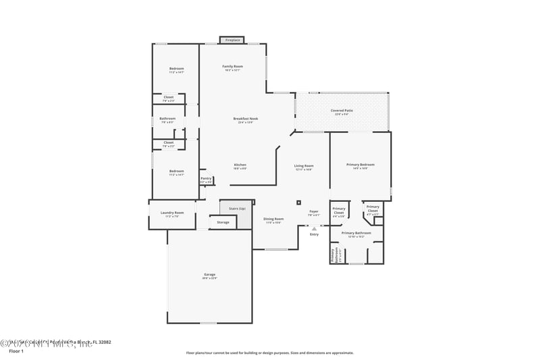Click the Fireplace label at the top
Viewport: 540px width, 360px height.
[x=233, y=40]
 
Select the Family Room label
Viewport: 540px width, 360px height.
[x=233, y=67]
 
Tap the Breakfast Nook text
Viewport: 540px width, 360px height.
[x=246, y=120]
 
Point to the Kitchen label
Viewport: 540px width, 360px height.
[x=240, y=165]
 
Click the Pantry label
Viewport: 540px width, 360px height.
[x=206, y=180]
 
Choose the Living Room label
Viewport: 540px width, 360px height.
[x=304, y=167]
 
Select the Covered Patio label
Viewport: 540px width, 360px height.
[x=342, y=111]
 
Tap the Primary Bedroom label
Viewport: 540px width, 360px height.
[x=360, y=165]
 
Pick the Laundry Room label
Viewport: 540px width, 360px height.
[x=172, y=214]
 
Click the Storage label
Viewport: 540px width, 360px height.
[x=223, y=222]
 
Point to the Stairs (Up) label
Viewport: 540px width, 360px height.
[x=237, y=209]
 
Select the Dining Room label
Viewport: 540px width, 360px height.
[x=273, y=220]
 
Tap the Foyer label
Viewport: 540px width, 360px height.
[x=314, y=212]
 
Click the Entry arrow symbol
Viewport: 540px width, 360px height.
[x=314, y=228]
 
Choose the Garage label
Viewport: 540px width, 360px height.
[x=210, y=276]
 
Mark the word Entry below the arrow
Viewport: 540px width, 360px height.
[x=314, y=234]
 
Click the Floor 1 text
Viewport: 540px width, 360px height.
[x=16, y=351]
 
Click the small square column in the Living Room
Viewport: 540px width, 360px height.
[x=298, y=201]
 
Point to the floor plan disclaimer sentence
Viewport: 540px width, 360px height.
[x=269, y=353]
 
